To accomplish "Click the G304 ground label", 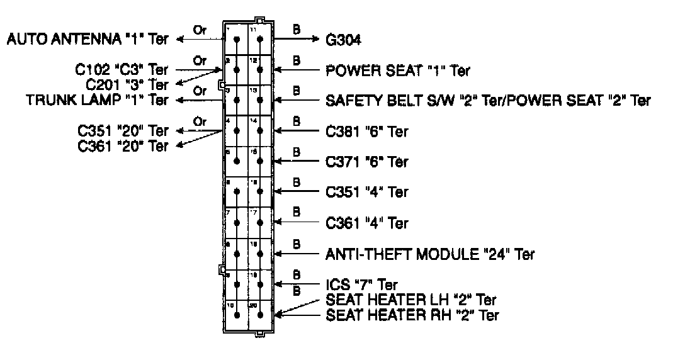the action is coord(347,40).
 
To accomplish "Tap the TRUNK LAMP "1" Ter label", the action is coord(98,100).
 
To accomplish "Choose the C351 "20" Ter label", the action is coord(123,131).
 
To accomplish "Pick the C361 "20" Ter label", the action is coord(123,146).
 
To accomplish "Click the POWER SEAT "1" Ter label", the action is coord(398,70).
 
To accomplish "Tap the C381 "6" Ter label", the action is coord(367,132).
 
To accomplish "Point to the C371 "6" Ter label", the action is coord(367,162).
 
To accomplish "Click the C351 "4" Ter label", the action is coord(367,192).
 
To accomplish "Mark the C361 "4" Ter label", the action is coord(367,223).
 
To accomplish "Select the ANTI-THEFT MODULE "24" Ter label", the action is coord(430,254).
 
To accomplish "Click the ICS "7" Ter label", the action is coord(361,284).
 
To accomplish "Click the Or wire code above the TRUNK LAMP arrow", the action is coord(200,91).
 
